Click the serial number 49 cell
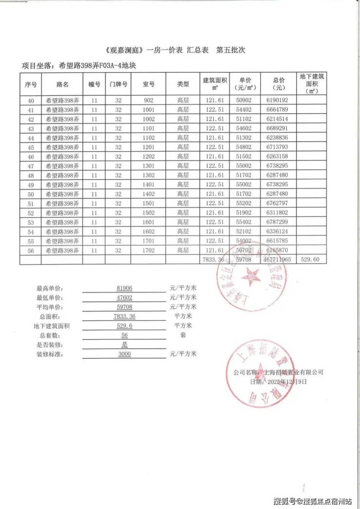pyautogui.click(x=31, y=185)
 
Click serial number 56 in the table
pyautogui.click(x=31, y=250)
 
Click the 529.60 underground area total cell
pyautogui.click(x=310, y=260)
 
